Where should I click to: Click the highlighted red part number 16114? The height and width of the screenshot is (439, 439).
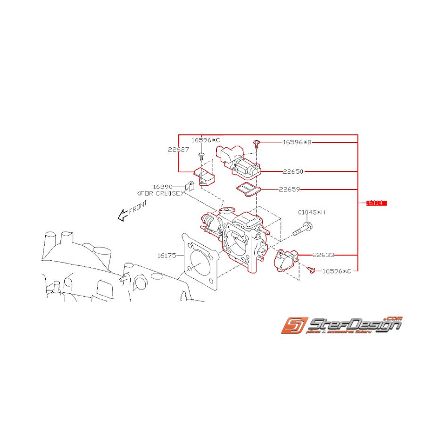pyautogui.click(x=376, y=203)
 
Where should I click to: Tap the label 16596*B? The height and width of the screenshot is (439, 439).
pyautogui.click(x=297, y=142)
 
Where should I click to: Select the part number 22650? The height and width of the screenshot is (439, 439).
pyautogui.click(x=293, y=172)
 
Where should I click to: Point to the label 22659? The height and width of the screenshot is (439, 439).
pyautogui.click(x=290, y=190)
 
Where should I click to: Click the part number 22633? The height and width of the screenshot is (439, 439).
pyautogui.click(x=324, y=255)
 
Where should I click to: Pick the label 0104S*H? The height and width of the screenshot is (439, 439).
pyautogui.click(x=311, y=213)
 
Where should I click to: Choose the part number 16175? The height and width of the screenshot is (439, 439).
pyautogui.click(x=167, y=256)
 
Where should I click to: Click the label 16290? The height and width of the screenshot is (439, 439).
pyautogui.click(x=162, y=187)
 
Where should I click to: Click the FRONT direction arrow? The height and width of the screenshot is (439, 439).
pyautogui.click(x=124, y=215)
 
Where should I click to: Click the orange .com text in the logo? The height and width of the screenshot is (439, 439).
pyautogui.click(x=393, y=318)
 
